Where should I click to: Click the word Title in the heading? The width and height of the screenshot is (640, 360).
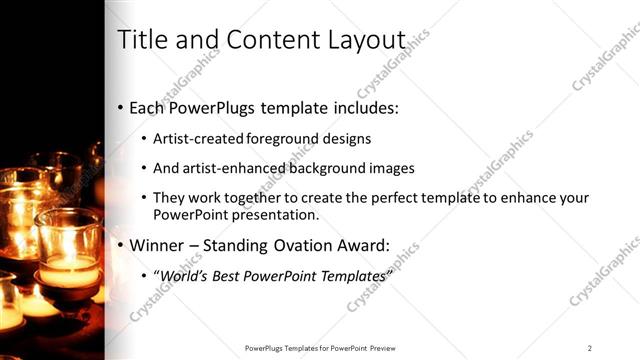141,40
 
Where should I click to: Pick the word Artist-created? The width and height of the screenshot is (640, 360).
198,138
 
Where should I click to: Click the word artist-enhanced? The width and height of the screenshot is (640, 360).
230,168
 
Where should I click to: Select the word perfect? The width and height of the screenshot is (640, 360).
395,198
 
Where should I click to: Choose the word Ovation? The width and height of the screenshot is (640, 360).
296,244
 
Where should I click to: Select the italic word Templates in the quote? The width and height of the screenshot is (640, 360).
351,275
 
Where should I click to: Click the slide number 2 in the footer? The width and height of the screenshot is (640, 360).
590,348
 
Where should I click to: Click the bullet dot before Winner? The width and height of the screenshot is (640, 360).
121,245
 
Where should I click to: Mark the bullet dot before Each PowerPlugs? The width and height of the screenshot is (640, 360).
121,108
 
